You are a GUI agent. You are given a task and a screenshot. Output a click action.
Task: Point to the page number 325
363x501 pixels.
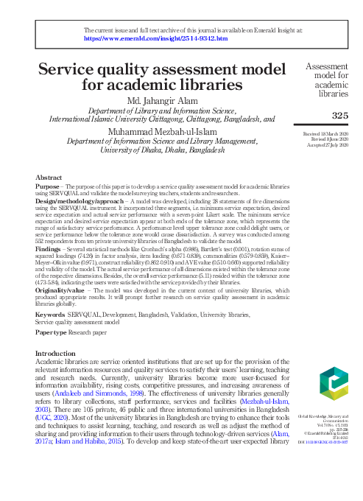point(339,116)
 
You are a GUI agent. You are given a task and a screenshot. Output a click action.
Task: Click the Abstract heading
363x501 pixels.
point(49,178)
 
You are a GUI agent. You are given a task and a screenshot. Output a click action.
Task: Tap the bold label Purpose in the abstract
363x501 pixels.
point(48,188)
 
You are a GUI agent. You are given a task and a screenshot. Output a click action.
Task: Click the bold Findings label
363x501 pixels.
point(49,251)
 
